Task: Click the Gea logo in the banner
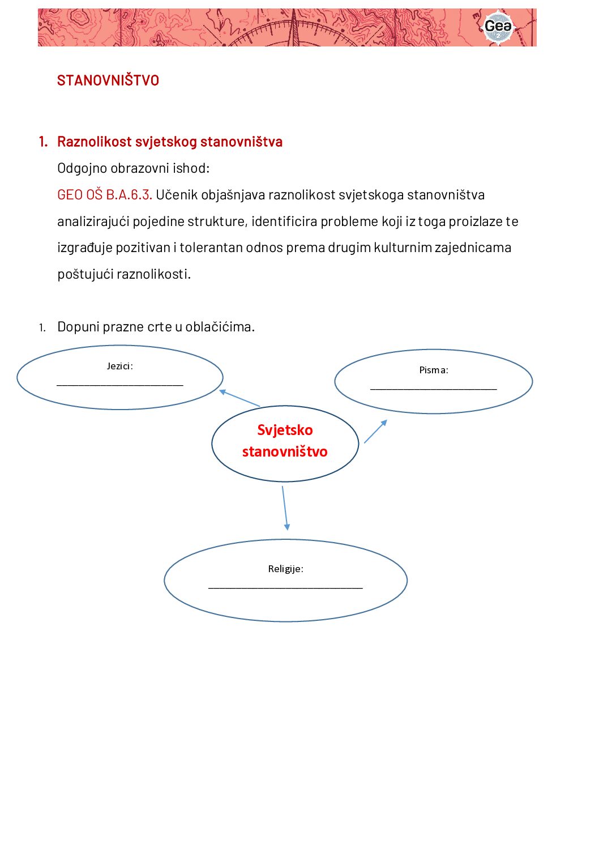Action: tap(498, 27)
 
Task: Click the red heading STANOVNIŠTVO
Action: tap(108, 80)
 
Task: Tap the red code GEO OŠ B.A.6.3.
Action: tap(104, 195)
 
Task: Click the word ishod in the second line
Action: tap(194, 168)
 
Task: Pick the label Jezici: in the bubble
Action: tap(119, 366)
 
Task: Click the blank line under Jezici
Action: tap(119, 385)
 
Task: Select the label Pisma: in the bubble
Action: tap(434, 370)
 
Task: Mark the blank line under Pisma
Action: tap(434, 389)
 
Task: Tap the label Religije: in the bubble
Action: tap(285, 569)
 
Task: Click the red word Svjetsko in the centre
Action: tap(285, 430)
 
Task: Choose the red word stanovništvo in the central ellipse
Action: tap(285, 451)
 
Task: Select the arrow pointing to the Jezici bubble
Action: tap(239, 398)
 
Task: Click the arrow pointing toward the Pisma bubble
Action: tap(375, 431)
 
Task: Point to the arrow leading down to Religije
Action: tap(285, 508)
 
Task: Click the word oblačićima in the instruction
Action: tap(220, 327)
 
